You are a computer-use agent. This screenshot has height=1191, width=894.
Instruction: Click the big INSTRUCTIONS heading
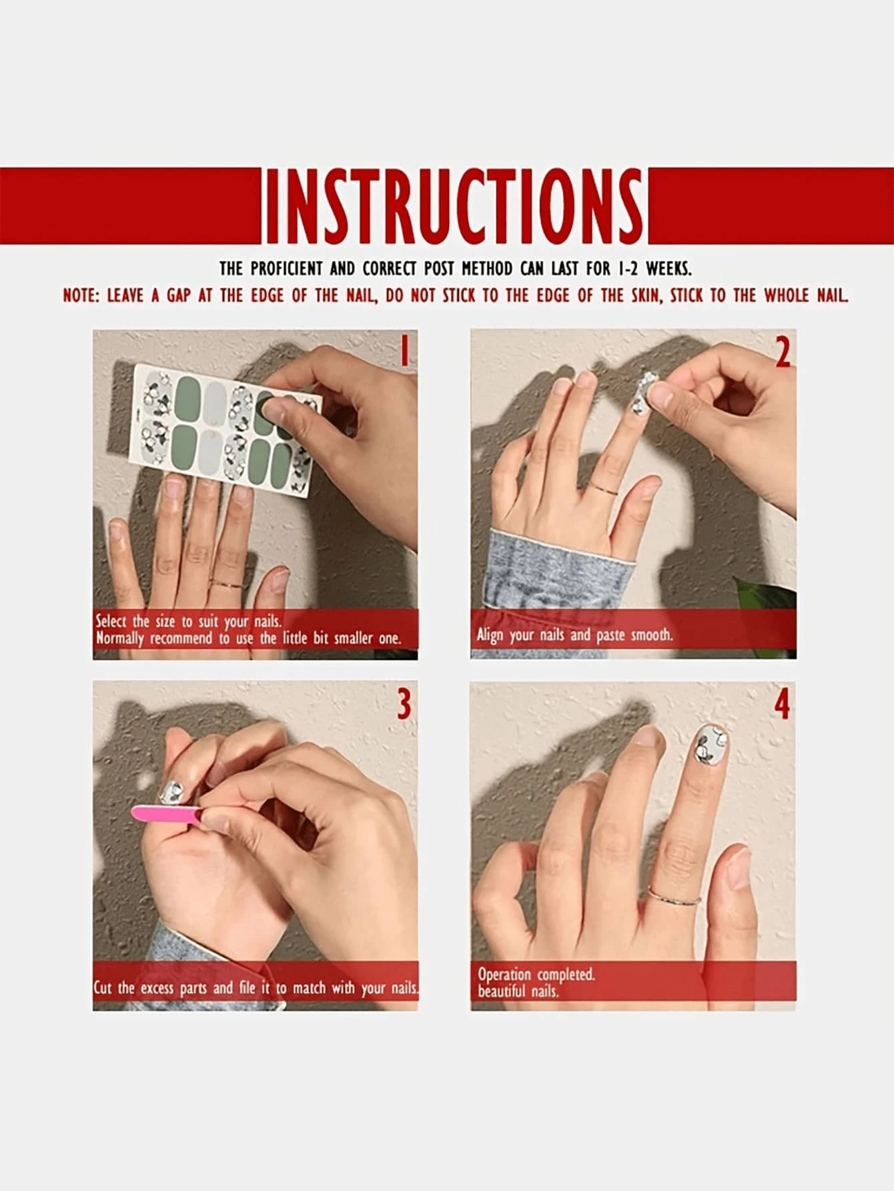point(454,206)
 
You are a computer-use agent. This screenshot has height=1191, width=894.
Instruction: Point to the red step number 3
point(403,704)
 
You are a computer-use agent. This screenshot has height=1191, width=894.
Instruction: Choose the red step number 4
point(782,704)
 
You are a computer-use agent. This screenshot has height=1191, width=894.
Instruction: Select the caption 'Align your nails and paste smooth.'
point(575,635)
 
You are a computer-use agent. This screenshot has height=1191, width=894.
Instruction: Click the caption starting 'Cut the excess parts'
point(256,987)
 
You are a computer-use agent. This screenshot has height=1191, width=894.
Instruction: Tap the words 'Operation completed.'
point(536,974)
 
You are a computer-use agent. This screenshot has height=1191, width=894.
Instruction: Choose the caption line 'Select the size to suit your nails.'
point(189,621)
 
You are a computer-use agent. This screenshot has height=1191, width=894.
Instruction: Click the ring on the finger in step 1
point(227,584)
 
